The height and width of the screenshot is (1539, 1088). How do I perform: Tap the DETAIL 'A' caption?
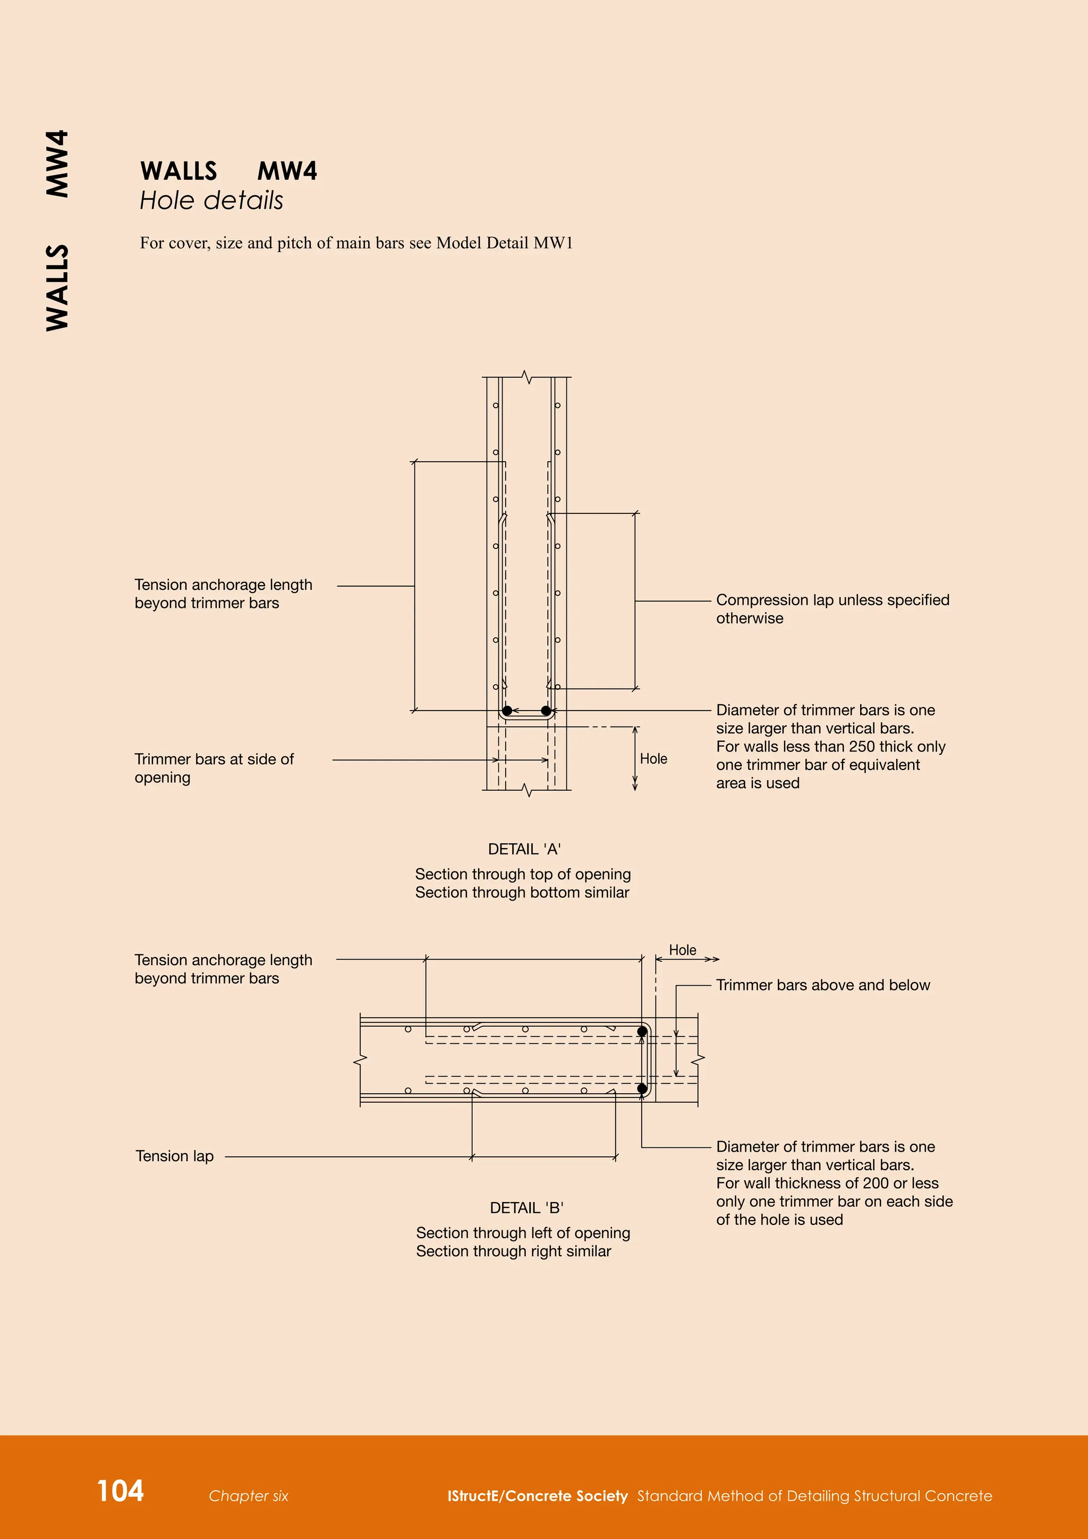(524, 849)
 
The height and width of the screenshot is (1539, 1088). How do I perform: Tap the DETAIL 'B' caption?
(526, 1208)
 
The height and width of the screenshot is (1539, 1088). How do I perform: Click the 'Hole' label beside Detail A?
(653, 759)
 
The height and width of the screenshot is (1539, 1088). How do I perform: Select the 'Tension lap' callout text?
(174, 1156)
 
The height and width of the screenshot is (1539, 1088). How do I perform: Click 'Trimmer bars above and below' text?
(823, 985)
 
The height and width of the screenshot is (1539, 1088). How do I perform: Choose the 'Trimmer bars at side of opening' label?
(214, 768)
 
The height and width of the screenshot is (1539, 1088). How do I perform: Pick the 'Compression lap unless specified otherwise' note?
(832, 608)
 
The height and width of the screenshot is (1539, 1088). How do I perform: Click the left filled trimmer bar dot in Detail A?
(507, 711)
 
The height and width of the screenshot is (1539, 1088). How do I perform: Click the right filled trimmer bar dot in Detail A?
(546, 711)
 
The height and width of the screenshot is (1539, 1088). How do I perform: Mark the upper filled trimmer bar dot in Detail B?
(642, 1031)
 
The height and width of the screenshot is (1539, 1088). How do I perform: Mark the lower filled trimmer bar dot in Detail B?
(642, 1088)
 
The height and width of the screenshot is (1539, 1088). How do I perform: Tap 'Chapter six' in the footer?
(248, 1496)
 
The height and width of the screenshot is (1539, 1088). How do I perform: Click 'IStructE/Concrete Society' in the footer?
(537, 1496)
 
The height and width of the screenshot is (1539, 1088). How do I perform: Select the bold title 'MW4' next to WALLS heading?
(287, 171)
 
